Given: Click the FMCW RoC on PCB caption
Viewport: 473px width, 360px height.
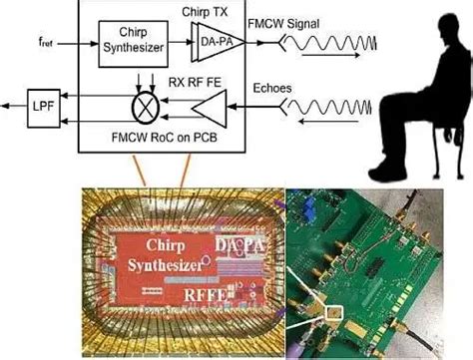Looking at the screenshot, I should [x=155, y=133].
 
